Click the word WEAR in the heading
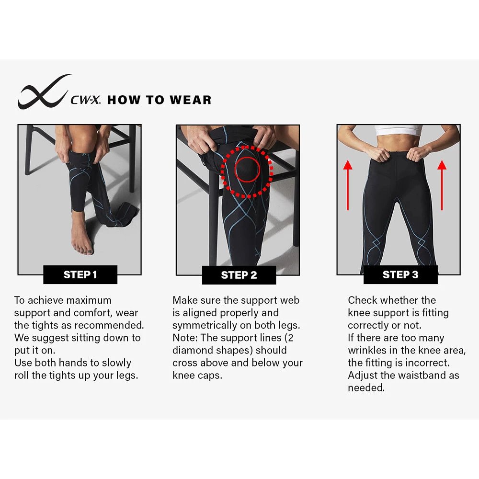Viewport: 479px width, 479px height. tap(189, 100)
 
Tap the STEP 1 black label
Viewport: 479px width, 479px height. tap(80, 274)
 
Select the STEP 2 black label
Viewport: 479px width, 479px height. tap(239, 275)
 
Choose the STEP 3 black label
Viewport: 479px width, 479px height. tap(400, 274)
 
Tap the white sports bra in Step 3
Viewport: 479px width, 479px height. tap(398, 130)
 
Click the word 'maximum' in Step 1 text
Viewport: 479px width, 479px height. tap(89, 301)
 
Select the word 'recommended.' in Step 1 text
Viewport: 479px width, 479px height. tap(109, 326)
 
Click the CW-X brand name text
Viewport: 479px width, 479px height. tap(85, 101)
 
